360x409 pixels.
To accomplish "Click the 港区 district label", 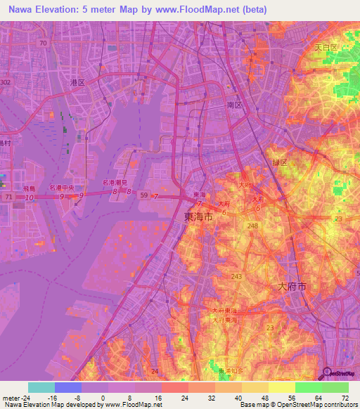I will click(x=77, y=82).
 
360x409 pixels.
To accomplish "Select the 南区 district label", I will click(x=234, y=104).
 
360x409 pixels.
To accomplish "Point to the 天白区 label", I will click(x=326, y=48).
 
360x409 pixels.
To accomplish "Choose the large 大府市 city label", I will click(x=292, y=287).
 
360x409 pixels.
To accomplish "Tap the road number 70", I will click(x=44, y=43).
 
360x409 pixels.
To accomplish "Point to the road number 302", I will click(x=6, y=82).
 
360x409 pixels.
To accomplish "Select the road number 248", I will click(x=252, y=226).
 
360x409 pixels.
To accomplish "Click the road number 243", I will click(x=236, y=276).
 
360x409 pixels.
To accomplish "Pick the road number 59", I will click(x=144, y=195).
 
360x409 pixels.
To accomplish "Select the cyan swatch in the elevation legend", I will click(x=41, y=387).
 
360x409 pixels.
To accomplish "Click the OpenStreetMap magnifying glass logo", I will click(x=328, y=372).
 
